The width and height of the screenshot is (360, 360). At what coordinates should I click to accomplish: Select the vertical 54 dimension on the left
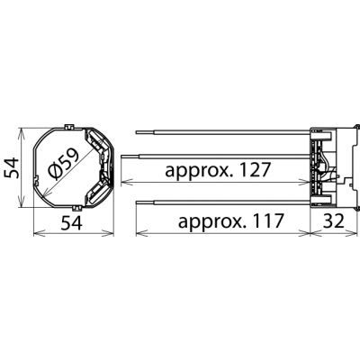click(x=12, y=168)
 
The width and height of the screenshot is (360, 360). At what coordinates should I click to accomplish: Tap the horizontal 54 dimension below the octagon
click(x=71, y=223)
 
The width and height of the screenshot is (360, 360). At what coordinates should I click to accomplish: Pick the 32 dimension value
click(x=333, y=221)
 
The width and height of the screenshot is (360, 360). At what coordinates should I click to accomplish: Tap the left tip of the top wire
click(x=137, y=132)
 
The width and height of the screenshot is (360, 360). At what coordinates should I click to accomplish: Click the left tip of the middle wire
click(x=121, y=156)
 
